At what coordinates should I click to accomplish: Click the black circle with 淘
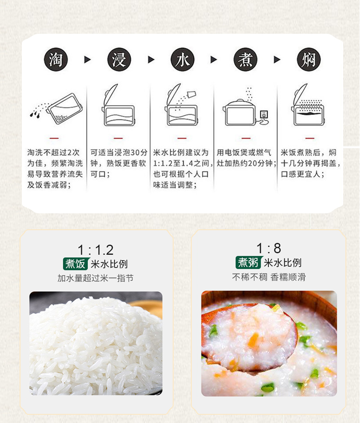coord(56,60)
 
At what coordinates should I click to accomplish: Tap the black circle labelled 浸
coord(119,60)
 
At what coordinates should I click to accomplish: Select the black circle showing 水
coord(182,60)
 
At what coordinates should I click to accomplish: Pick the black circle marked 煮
coord(246,60)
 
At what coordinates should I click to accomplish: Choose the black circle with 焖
coord(309,60)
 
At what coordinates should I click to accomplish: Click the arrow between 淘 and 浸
coord(87,60)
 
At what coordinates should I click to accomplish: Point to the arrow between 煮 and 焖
coord(277,60)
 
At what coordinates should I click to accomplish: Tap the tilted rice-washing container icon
coord(64,108)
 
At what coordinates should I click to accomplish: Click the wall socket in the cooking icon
coord(264,114)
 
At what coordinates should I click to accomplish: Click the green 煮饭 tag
coord(75,264)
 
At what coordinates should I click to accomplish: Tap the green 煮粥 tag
coord(248,263)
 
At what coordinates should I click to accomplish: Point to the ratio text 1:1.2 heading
coord(95,250)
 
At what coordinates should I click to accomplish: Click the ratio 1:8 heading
coord(268,248)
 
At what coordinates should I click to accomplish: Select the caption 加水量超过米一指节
coord(95,278)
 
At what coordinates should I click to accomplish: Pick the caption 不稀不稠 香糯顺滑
coord(269,277)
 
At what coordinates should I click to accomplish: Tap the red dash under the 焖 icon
coord(310,138)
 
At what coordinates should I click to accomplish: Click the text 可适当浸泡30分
coord(119,152)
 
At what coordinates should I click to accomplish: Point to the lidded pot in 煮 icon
coord(239,113)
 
